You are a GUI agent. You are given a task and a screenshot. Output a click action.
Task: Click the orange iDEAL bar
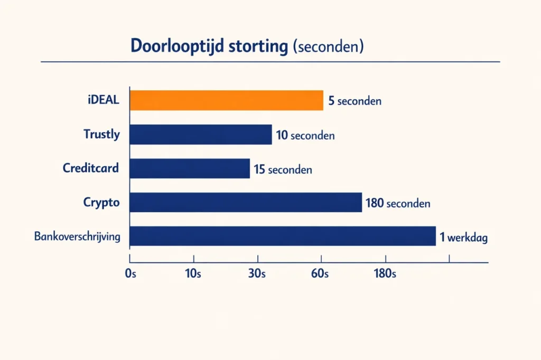pyautogui.click(x=227, y=100)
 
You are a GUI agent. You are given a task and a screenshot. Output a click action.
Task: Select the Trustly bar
pyautogui.click(x=201, y=135)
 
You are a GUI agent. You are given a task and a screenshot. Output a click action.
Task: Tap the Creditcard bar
pyautogui.click(x=190, y=168)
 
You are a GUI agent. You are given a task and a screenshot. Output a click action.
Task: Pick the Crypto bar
pyautogui.click(x=246, y=202)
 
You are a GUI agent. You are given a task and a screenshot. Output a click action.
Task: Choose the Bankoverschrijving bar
pyautogui.click(x=283, y=236)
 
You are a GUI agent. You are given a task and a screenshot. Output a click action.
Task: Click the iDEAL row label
pyautogui.click(x=103, y=100)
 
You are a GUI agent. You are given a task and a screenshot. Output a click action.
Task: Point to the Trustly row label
pyautogui.click(x=101, y=134)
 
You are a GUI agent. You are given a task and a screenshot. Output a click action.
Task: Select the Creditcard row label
pyautogui.click(x=91, y=168)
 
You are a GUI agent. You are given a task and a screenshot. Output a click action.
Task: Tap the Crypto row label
pyautogui.click(x=101, y=202)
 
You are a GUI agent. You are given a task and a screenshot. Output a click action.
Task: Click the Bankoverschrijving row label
pyautogui.click(x=77, y=236)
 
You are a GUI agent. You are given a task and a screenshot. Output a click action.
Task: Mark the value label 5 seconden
pyautogui.click(x=355, y=101)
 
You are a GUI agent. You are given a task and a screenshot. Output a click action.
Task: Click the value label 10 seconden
pyautogui.click(x=305, y=135)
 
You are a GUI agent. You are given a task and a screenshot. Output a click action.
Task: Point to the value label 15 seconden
pyautogui.click(x=283, y=169)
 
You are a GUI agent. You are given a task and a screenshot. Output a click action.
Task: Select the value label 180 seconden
pyautogui.click(x=398, y=203)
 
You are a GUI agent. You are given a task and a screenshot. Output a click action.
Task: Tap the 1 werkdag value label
pyautogui.click(x=463, y=237)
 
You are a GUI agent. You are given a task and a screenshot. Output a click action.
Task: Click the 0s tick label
pyautogui.click(x=130, y=273)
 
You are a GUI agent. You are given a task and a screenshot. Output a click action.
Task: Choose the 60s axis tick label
pyautogui.click(x=320, y=273)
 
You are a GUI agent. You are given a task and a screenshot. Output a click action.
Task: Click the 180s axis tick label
pyautogui.click(x=385, y=273)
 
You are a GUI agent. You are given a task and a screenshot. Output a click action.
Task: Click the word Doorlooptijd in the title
pyautogui.click(x=178, y=46)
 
